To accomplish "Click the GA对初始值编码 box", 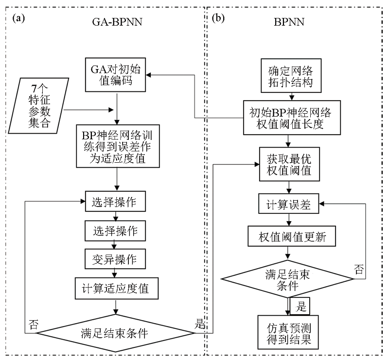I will click(115, 74).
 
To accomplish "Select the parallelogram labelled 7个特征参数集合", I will click(40, 105).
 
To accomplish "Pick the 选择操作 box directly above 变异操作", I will click(115, 231).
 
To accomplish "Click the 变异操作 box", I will click(115, 259).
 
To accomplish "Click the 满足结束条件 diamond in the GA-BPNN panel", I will click(116, 333).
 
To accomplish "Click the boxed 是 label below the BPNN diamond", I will click(300, 306).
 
